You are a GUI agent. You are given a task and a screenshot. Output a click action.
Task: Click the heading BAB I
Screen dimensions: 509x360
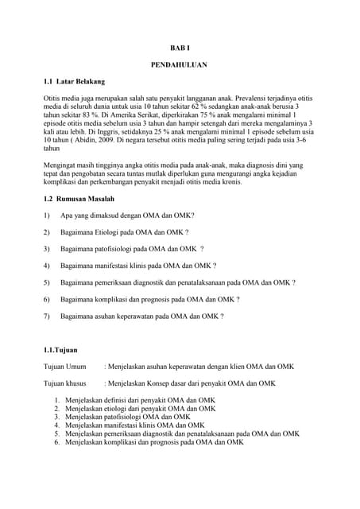(180, 48)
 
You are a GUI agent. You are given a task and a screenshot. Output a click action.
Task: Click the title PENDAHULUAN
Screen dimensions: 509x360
(180, 64)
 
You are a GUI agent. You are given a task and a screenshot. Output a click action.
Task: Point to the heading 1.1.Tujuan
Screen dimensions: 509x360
(60, 349)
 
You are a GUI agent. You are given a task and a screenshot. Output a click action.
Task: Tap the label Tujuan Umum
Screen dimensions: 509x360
(64, 367)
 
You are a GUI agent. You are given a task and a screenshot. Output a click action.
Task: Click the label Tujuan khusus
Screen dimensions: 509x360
(65, 383)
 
